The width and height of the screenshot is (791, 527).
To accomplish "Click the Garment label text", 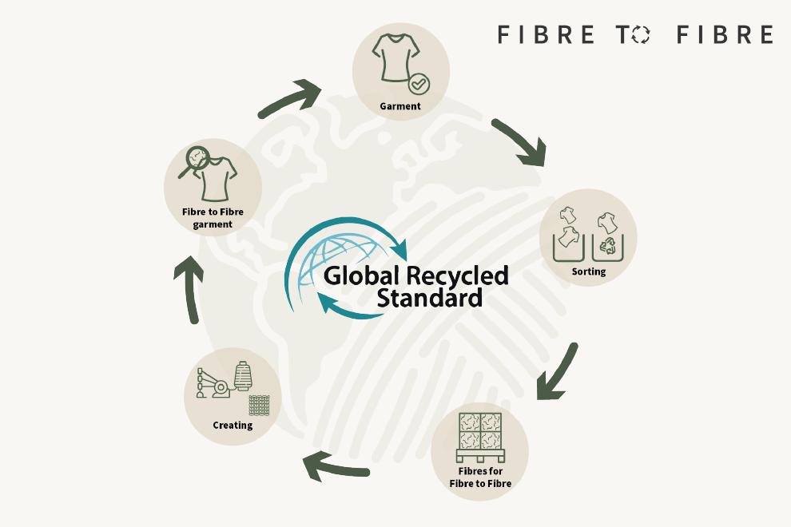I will coord(400,105).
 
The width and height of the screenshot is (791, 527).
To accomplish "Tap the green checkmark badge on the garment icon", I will coord(418,83).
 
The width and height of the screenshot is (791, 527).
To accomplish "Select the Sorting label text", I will coord(588,271).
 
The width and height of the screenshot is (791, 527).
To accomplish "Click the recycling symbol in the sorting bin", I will coord(610,245).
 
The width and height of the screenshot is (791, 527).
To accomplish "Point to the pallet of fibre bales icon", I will coord(479,438).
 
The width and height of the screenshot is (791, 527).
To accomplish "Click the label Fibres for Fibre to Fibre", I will coord(479,477).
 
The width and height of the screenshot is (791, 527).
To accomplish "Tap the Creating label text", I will coord(233,425).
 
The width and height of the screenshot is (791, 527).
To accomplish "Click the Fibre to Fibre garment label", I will coord(213,218).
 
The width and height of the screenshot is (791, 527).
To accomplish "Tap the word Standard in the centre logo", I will coord(429,299).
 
